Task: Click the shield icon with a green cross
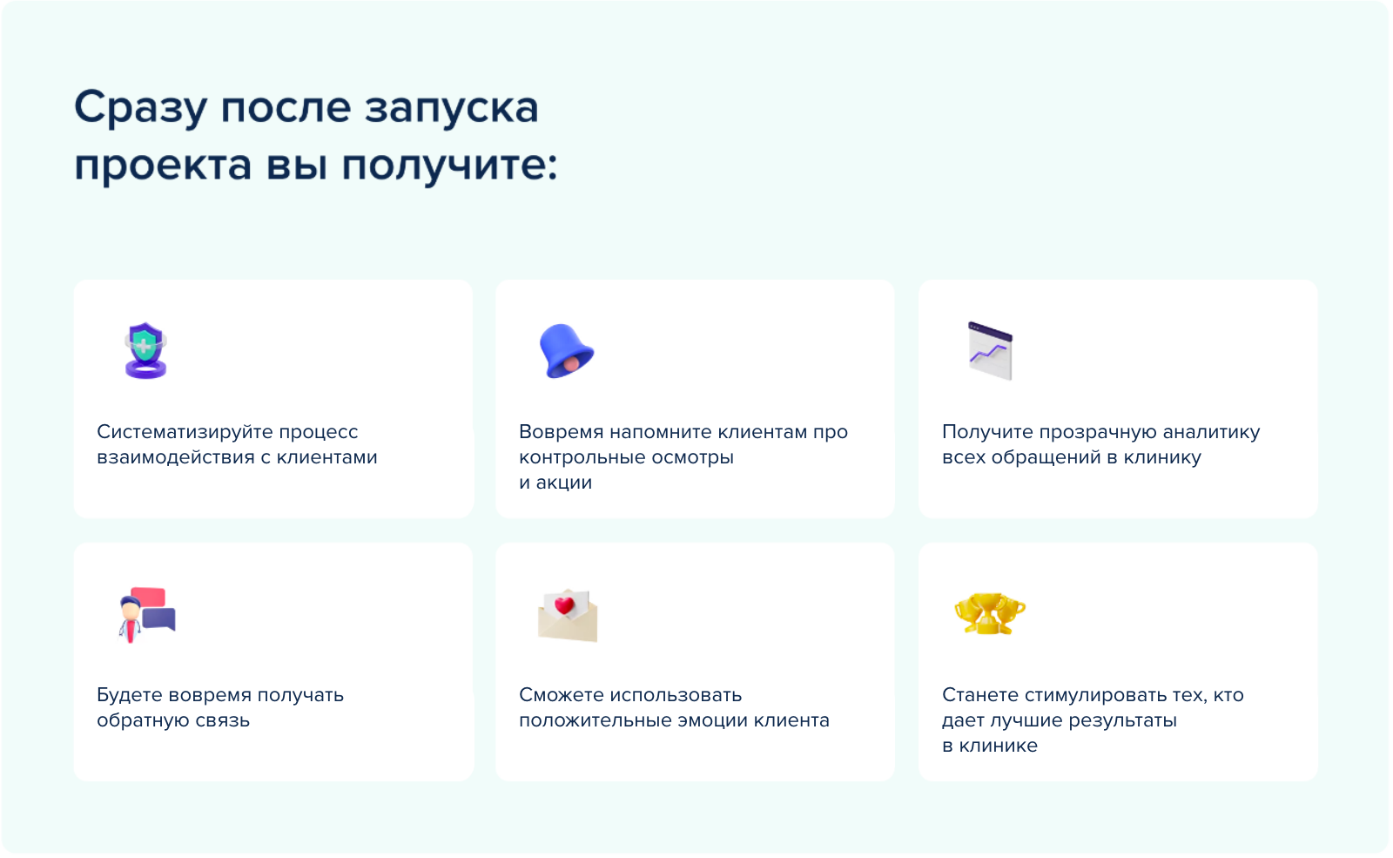click(145, 350)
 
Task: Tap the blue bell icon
click(566, 350)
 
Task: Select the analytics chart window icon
click(990, 350)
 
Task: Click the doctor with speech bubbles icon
click(147, 615)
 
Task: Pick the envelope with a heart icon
click(567, 615)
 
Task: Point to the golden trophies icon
click(989, 613)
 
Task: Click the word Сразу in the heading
click(140, 108)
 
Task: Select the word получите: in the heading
click(449, 166)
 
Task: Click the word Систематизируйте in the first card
click(184, 432)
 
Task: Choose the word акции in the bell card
click(564, 483)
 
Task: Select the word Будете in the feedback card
click(130, 695)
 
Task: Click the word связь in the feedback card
click(223, 720)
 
